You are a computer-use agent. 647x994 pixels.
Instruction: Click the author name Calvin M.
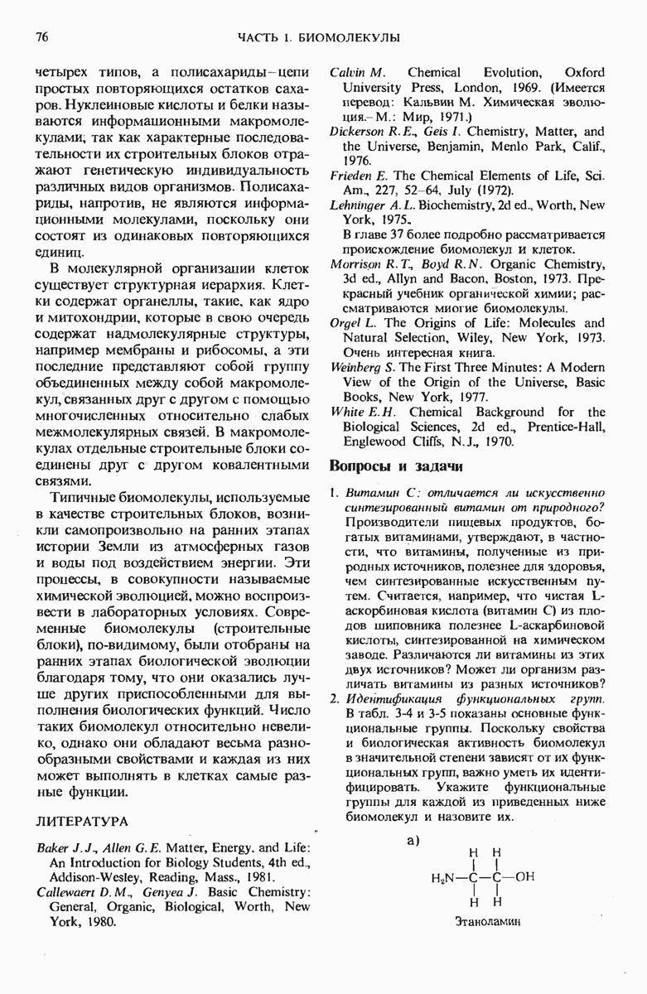click(x=356, y=73)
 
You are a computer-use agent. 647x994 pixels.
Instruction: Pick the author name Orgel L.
click(x=349, y=322)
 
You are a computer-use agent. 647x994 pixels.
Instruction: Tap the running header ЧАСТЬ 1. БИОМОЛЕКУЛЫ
click(x=318, y=37)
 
